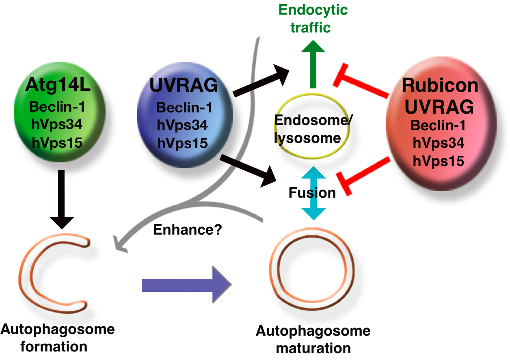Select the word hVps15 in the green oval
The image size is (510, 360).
[57, 142]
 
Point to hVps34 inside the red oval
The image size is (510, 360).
[438, 143]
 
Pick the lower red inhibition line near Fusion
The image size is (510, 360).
[363, 175]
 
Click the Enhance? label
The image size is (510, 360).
[187, 230]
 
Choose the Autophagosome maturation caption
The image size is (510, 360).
[313, 339]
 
